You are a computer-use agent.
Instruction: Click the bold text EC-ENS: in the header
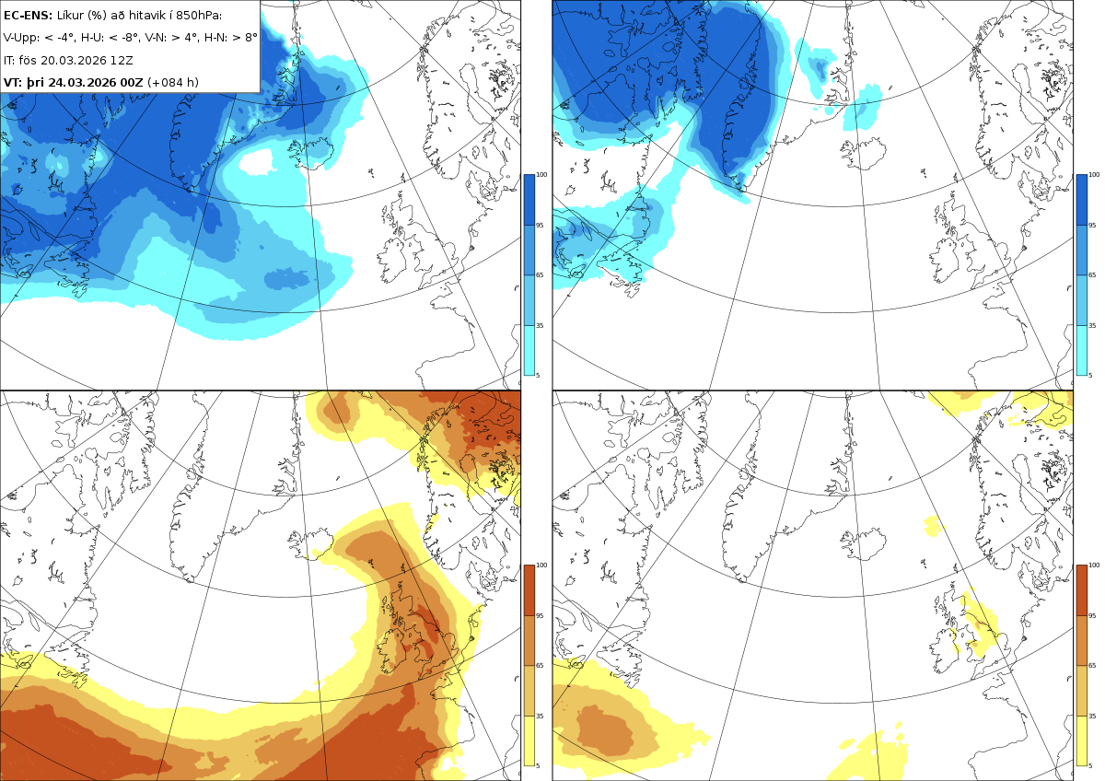(28, 16)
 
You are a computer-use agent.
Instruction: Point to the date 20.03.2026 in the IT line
(73, 60)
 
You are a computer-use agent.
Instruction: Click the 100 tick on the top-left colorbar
(541, 175)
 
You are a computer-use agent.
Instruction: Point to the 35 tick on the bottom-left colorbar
(540, 716)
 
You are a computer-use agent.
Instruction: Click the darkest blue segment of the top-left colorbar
(529, 200)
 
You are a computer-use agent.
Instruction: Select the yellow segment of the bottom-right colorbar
(1081, 741)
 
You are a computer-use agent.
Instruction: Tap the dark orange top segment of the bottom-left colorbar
(529, 590)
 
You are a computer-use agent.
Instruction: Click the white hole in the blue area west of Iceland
(256, 162)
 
